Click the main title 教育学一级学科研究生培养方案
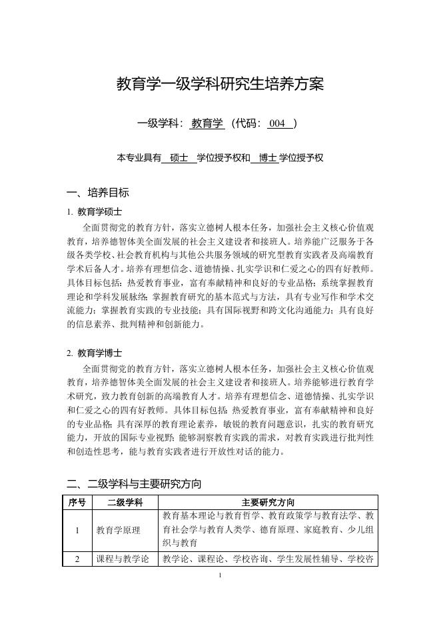tap(220, 85)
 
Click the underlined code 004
tap(276, 123)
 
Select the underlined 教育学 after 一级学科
tap(207, 123)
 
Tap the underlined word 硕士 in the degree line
tap(179, 158)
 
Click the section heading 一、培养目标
tap(98, 193)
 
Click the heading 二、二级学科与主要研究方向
tap(134, 483)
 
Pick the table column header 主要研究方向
tap(268, 502)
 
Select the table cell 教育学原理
tap(118, 530)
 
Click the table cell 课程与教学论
tap(123, 559)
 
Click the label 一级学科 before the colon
tap(158, 123)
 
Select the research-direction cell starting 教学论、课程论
tap(268, 559)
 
